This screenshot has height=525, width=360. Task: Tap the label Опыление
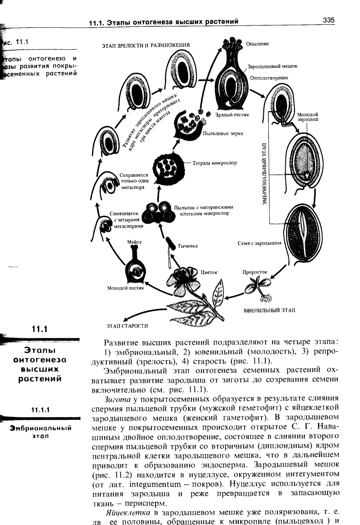[257, 43]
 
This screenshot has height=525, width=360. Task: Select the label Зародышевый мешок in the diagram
[273, 66]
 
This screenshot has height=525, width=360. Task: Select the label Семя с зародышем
[259, 243]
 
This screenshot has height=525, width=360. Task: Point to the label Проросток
[255, 272]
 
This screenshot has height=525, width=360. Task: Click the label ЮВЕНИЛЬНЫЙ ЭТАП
[270, 310]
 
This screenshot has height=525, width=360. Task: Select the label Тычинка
[188, 246]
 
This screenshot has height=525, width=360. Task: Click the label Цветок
[209, 272]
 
